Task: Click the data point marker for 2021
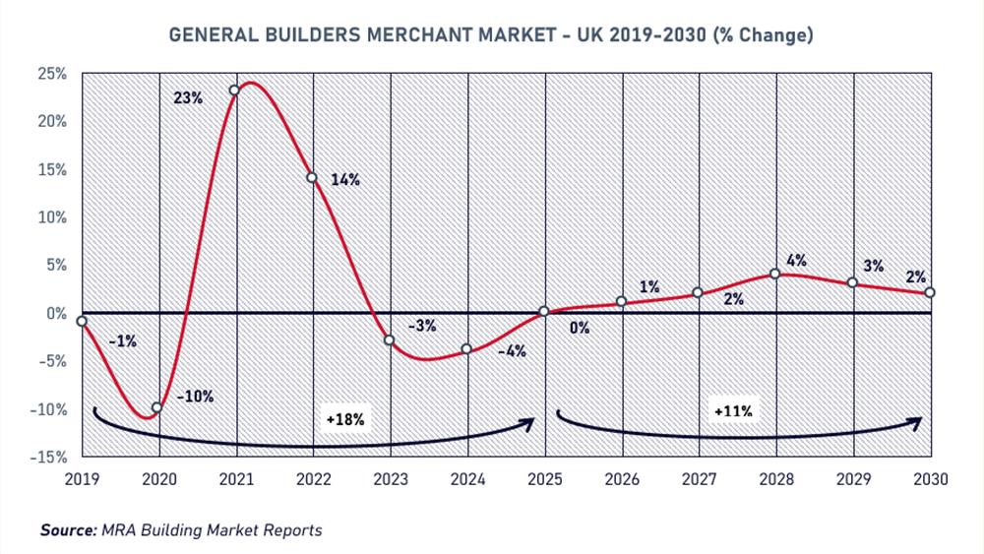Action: point(234,91)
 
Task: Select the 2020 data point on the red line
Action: point(156,407)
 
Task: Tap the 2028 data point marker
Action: point(775,274)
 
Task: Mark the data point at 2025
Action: point(544,312)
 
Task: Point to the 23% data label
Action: point(188,98)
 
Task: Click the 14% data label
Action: point(346,180)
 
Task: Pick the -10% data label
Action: point(196,397)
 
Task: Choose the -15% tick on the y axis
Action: point(49,458)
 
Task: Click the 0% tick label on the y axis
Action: point(56,314)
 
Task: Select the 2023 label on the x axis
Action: point(390,479)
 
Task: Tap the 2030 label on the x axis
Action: point(930,479)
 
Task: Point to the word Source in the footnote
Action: point(68,530)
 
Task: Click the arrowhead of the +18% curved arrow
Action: point(528,421)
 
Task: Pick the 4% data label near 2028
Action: point(797,262)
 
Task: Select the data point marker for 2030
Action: point(930,292)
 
